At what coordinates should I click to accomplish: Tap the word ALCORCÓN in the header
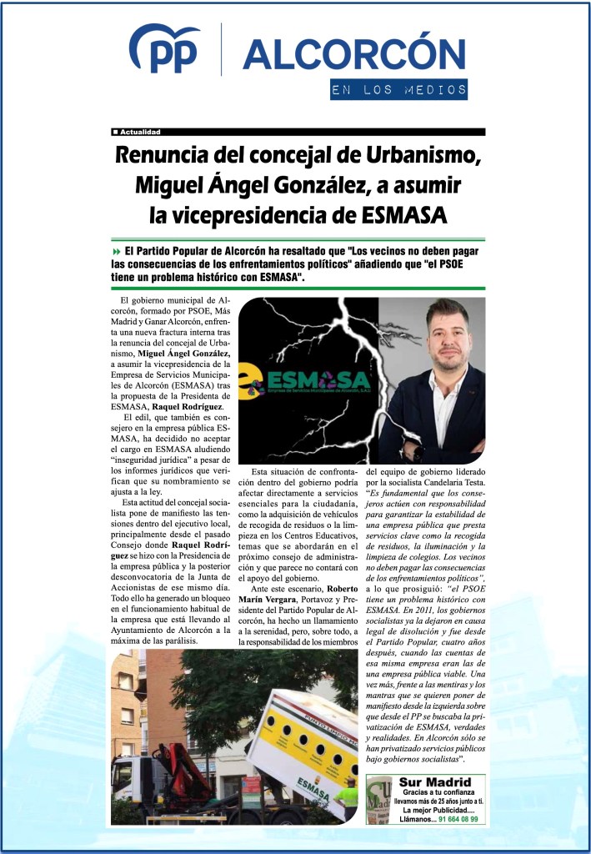353,53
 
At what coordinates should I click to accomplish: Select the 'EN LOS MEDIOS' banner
398,90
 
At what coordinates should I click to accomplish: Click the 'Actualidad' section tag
137,133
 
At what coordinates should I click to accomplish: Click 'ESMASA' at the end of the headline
405,215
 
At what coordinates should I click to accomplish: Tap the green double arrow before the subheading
116,252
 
